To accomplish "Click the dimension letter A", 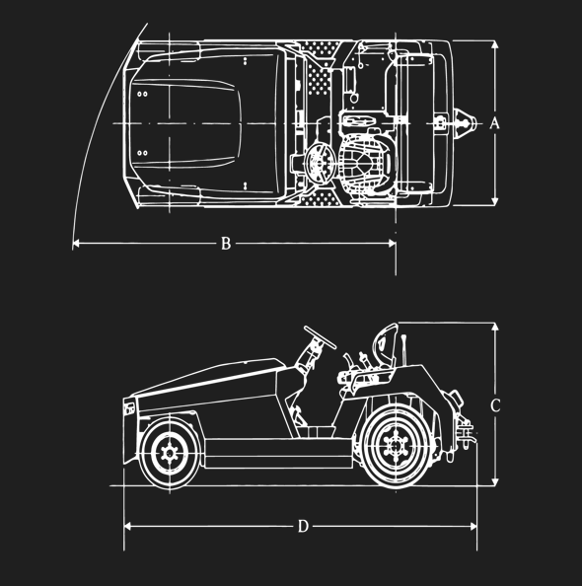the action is coord(494,123).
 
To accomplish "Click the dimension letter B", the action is coord(226,244).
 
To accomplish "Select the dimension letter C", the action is coord(495,405).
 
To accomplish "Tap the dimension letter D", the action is coord(303,526).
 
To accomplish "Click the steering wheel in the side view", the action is coord(320,337).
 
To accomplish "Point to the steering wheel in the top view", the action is coord(321,163).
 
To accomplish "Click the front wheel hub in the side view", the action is coord(170,454).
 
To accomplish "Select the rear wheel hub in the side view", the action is coord(396,446).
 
